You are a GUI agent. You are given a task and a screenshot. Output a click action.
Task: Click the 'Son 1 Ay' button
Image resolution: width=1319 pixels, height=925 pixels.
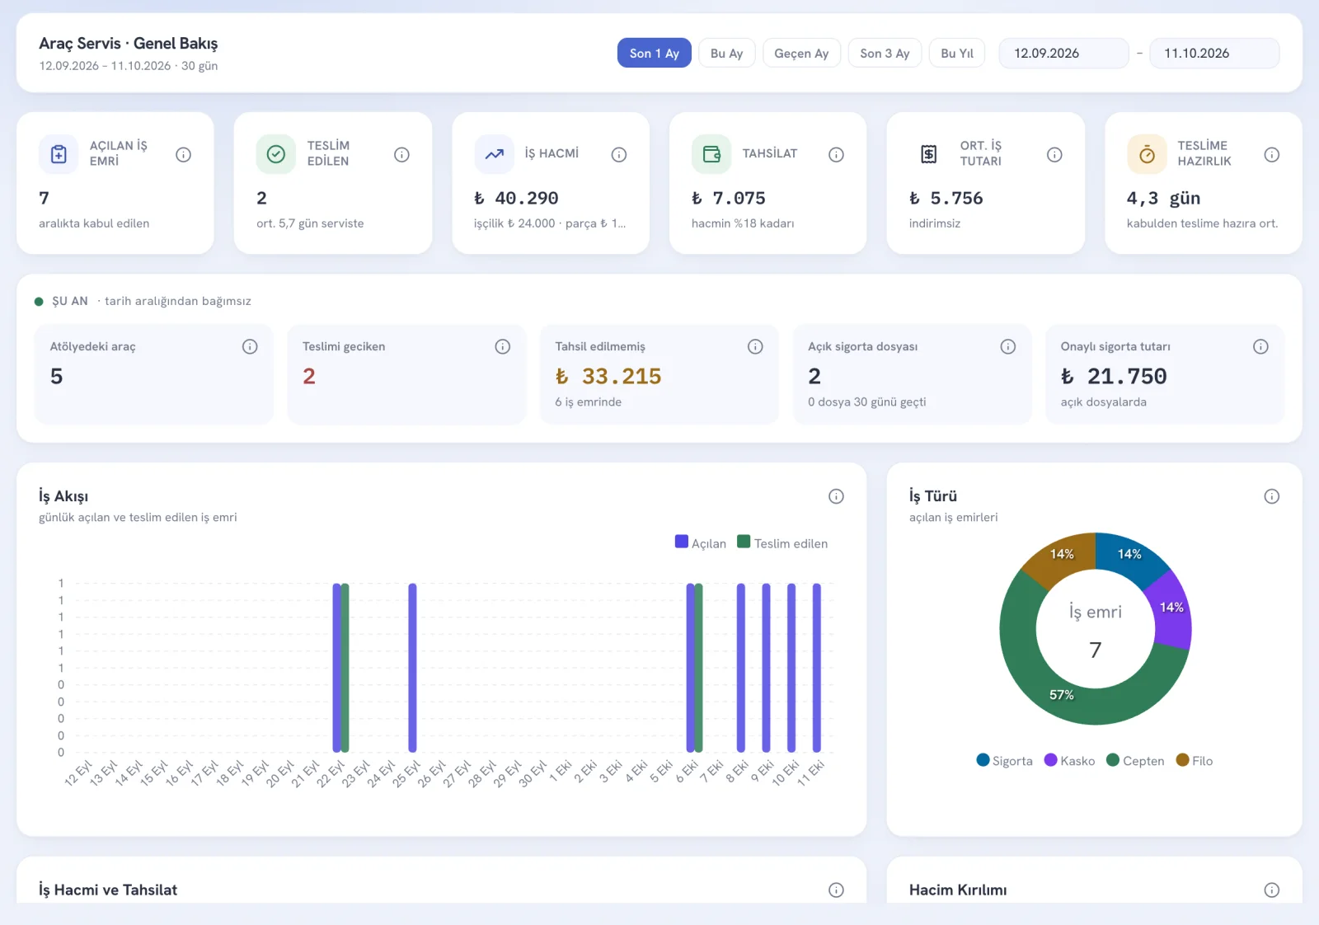654,53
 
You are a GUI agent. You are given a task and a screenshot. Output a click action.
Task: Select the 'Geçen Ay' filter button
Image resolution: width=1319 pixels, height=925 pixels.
800,53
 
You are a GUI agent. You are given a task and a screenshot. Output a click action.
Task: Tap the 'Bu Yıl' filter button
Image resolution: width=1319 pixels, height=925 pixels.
956,53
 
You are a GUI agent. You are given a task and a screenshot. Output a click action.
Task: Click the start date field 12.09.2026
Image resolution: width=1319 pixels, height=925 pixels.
1063,53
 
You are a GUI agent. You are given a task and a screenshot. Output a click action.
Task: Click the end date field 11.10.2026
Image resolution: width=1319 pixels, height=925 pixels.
1214,53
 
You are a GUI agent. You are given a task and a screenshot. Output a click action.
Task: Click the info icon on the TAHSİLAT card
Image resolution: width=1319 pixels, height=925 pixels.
836,154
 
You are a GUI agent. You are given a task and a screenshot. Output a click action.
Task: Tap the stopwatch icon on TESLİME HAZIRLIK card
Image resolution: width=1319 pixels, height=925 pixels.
1146,154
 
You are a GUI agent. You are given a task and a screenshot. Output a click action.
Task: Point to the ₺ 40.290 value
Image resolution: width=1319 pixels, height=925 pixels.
516,198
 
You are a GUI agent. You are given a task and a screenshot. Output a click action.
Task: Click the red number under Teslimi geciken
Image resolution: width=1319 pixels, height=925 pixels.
309,376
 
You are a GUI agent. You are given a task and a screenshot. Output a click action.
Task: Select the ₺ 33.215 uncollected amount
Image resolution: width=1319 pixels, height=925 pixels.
608,376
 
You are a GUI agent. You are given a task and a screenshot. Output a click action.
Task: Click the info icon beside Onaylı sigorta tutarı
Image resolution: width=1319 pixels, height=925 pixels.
1260,346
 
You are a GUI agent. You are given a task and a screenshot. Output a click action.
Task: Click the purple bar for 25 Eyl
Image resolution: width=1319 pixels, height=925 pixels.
412,668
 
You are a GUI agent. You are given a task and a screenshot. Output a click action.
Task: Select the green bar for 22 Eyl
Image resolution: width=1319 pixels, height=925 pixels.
345,668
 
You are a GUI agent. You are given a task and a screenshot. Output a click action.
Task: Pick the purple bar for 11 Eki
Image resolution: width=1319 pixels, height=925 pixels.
816,668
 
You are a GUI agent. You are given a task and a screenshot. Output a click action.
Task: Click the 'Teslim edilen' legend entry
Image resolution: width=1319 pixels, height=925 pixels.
782,542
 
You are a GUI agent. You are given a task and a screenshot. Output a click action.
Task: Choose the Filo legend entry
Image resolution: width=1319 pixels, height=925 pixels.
1195,761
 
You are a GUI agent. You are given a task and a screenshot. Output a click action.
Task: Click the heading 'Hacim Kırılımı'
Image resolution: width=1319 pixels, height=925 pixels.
957,890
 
